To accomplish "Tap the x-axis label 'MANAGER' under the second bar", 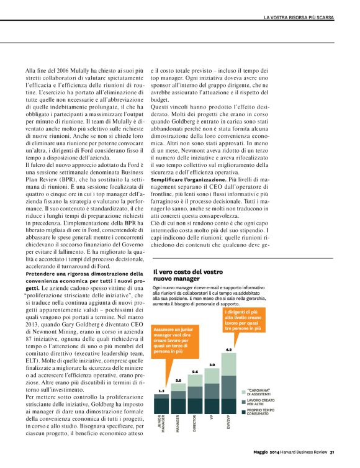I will [179, 425].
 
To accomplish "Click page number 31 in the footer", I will [333, 452].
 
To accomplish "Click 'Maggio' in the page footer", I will [262, 452].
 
